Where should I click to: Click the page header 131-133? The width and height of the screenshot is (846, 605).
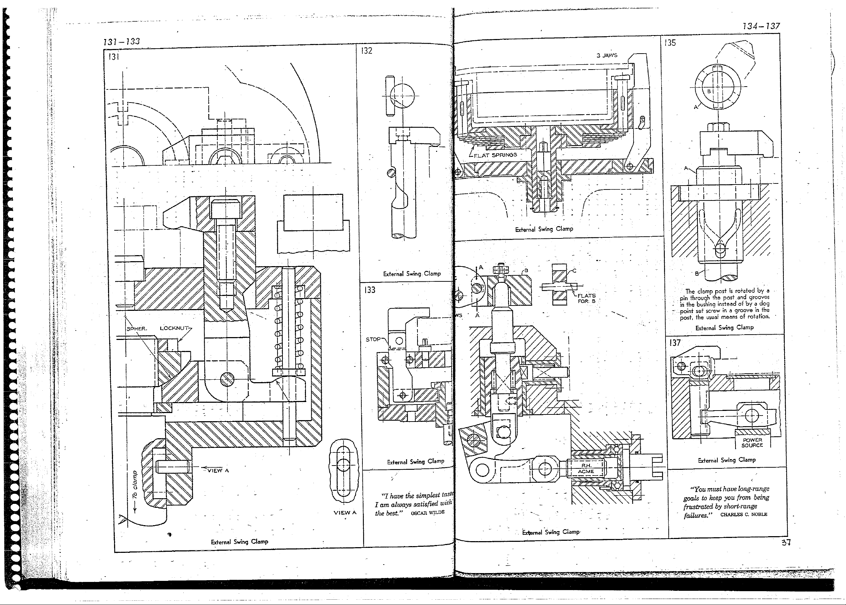point(121,42)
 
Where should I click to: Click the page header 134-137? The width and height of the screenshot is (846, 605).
point(761,26)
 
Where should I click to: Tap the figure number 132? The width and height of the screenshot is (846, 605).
point(367,51)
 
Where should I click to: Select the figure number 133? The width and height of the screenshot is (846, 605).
point(369,290)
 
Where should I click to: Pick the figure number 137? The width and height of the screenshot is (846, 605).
point(675,343)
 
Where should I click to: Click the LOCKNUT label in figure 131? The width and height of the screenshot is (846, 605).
point(174,328)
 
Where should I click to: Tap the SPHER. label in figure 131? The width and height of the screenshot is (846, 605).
point(137,329)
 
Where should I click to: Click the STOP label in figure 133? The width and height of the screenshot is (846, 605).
point(373,339)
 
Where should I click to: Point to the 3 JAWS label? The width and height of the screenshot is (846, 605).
point(607,55)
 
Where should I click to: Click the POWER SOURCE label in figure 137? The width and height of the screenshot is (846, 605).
point(752,442)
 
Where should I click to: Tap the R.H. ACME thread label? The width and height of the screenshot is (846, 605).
point(586,469)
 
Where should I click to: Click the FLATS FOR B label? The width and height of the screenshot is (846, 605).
point(587,298)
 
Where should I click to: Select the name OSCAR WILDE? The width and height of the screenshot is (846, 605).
point(427,513)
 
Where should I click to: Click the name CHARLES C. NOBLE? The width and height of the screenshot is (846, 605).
point(743,515)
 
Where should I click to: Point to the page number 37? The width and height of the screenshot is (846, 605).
point(786,543)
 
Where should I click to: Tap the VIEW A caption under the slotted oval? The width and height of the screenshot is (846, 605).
point(345,513)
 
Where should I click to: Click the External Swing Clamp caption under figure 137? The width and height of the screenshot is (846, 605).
point(727,460)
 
